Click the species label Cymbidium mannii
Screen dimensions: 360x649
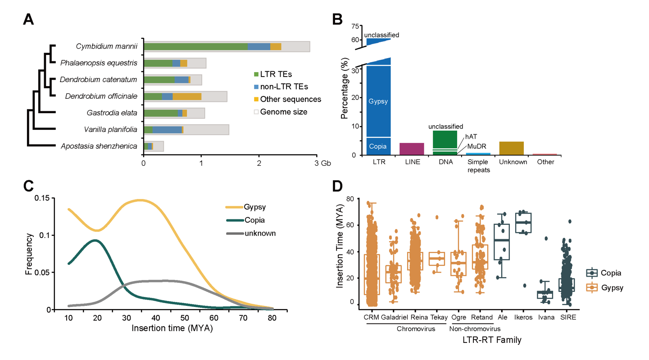pyautogui.click(x=106, y=46)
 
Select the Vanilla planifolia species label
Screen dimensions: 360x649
pyautogui.click(x=110, y=130)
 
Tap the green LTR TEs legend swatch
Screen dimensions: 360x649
pyautogui.click(x=257, y=74)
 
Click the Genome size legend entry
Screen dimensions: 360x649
pyautogui.click(x=284, y=112)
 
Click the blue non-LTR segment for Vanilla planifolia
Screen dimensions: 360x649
pyautogui.click(x=167, y=130)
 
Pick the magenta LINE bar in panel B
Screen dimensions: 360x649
pyautogui.click(x=412, y=149)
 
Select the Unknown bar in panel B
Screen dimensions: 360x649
pyautogui.click(x=511, y=148)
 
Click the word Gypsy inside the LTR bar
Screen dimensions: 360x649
pyautogui.click(x=378, y=102)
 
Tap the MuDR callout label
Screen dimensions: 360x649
pyautogui.click(x=476, y=146)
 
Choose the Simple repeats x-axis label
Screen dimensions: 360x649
pyautogui.click(x=478, y=166)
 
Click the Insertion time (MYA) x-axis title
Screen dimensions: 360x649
pyautogui.click(x=172, y=328)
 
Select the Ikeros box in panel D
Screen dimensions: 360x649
pyautogui.click(x=523, y=223)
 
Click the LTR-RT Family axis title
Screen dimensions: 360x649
pyautogui.click(x=492, y=340)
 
